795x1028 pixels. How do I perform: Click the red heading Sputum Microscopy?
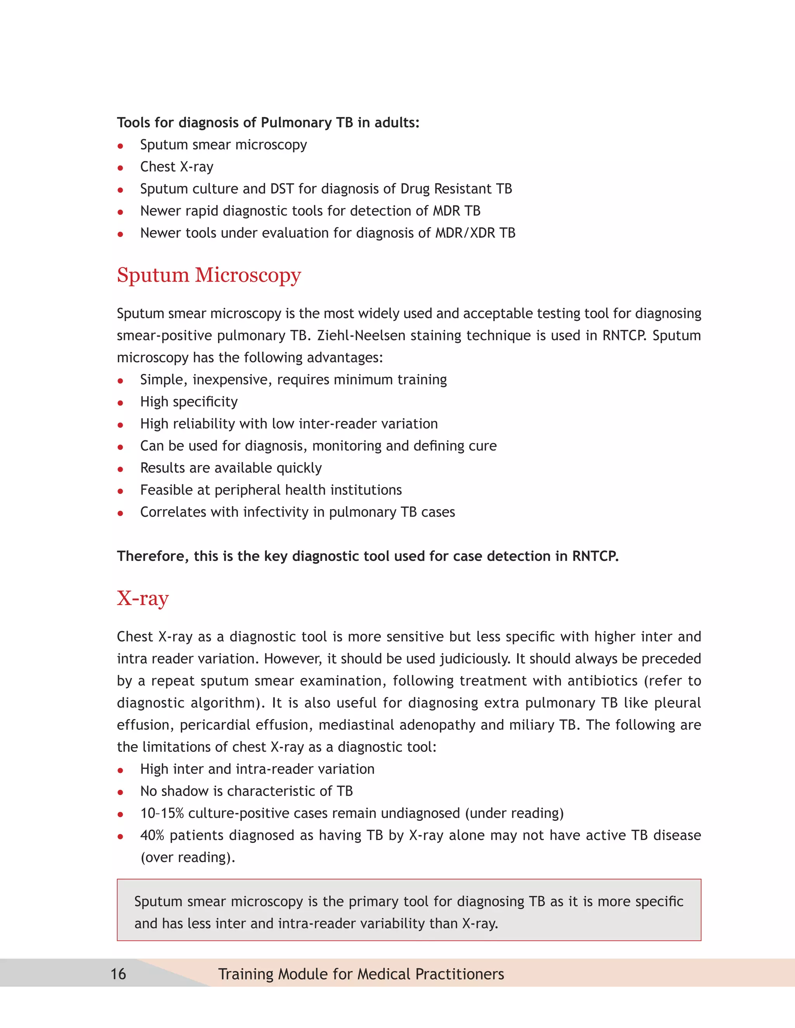[208, 275]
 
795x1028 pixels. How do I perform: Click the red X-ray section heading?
[143, 599]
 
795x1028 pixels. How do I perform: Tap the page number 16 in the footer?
[118, 973]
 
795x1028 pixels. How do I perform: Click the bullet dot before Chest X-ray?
[121, 168]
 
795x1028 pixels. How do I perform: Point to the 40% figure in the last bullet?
[152, 836]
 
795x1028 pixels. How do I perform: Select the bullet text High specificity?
[189, 402]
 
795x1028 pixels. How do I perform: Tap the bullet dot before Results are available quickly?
[121, 469]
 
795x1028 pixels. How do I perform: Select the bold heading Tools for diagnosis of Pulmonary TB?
[268, 123]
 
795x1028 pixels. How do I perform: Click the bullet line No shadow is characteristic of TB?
[246, 791]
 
